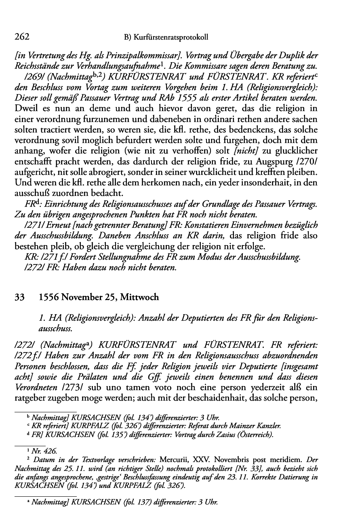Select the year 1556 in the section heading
tap(50, 298)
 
